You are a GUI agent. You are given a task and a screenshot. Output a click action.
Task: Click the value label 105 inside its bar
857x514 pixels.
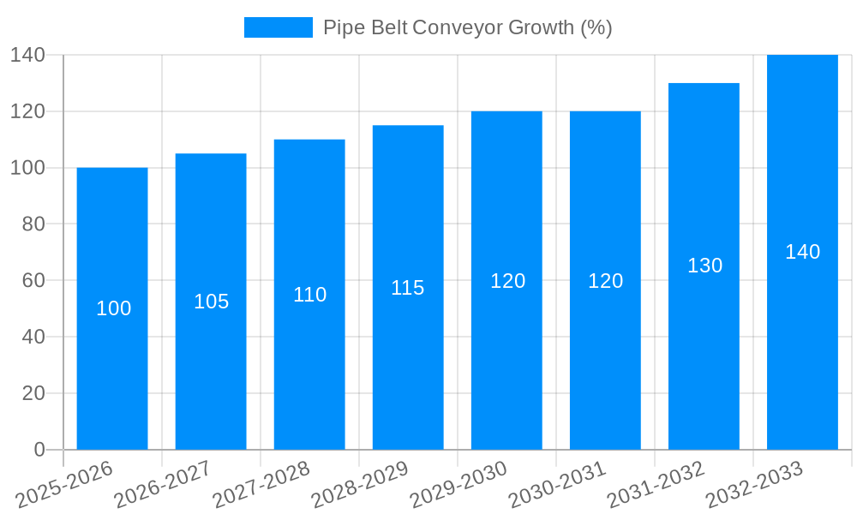coord(211,302)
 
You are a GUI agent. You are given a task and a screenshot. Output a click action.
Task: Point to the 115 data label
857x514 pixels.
coord(408,288)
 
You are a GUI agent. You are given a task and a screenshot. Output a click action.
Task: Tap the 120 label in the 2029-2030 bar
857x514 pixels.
coord(507,281)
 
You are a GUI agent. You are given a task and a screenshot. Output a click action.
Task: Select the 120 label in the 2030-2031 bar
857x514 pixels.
coord(605,281)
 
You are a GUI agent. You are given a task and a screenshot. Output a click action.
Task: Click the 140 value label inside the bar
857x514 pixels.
coord(802,252)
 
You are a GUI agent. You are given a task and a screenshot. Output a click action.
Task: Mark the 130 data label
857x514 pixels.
coord(704,266)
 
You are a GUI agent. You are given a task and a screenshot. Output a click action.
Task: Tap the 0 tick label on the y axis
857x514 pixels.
coord(39,450)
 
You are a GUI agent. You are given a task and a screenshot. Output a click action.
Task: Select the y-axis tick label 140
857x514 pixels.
coord(27,55)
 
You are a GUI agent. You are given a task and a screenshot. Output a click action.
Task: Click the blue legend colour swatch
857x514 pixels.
coord(278,27)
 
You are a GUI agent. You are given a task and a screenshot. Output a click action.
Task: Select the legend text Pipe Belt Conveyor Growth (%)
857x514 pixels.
coord(467,27)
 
